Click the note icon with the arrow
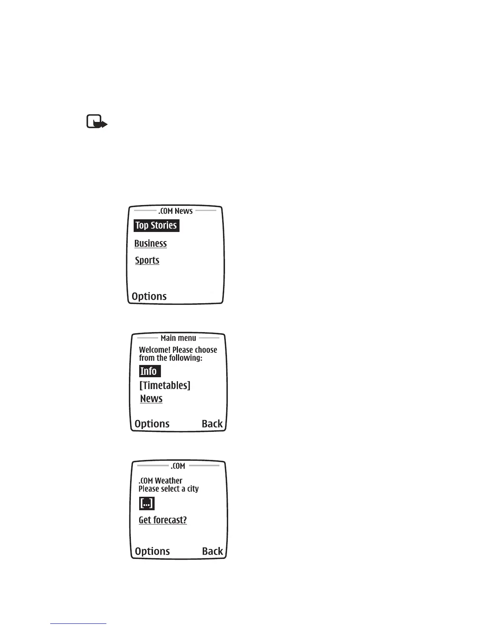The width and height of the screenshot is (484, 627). (x=96, y=122)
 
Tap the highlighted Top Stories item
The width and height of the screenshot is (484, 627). (x=156, y=226)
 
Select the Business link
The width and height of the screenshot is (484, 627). (x=150, y=243)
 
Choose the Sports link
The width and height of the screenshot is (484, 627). (x=147, y=260)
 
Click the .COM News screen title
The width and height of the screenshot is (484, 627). (x=175, y=211)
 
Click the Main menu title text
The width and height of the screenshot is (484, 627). (x=178, y=338)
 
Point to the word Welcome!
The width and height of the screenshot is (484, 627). (x=155, y=350)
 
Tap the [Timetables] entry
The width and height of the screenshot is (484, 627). (x=164, y=385)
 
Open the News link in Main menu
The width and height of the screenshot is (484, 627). (x=151, y=399)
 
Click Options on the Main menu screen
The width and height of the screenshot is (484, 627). (x=152, y=424)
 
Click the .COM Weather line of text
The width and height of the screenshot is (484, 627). (x=160, y=481)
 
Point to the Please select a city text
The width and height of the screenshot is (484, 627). (x=168, y=489)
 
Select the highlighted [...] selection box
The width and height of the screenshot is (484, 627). (x=147, y=503)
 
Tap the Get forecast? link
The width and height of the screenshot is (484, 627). (x=163, y=520)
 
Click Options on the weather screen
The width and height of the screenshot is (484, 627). (x=152, y=551)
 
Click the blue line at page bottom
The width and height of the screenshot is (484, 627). (x=78, y=623)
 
